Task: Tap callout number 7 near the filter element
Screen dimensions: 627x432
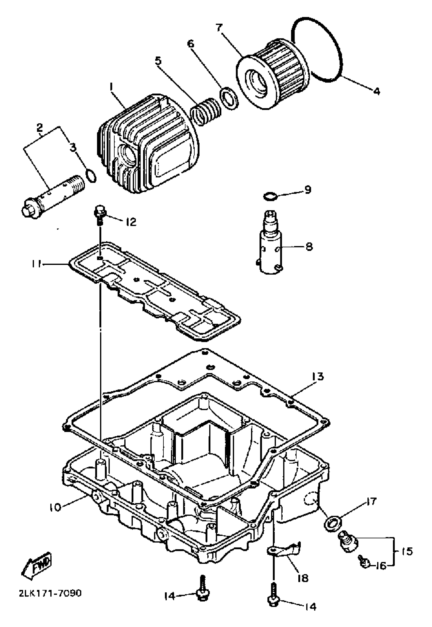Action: (219, 28)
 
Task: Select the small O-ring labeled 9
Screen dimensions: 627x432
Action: (270, 196)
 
